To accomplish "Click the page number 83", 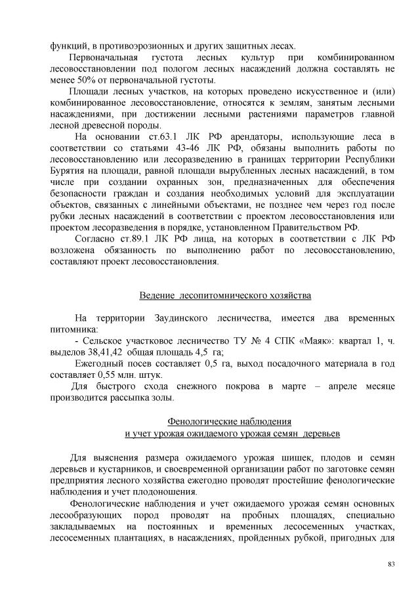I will click(x=391, y=563).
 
